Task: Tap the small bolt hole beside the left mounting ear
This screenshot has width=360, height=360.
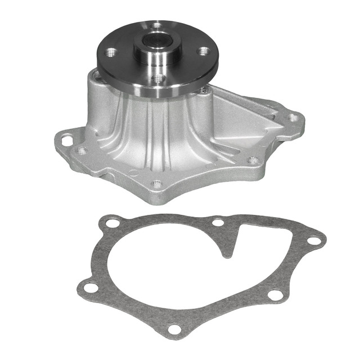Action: (x=82, y=151)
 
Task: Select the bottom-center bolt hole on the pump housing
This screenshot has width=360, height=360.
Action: (x=157, y=184)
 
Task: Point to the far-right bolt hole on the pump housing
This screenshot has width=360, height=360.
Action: (x=293, y=118)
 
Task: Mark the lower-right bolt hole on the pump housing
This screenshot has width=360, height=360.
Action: (x=253, y=160)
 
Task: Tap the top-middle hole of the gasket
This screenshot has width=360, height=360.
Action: (x=218, y=222)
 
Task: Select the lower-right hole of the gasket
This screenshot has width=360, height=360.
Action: (x=274, y=295)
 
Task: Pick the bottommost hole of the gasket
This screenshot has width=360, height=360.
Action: (x=175, y=329)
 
